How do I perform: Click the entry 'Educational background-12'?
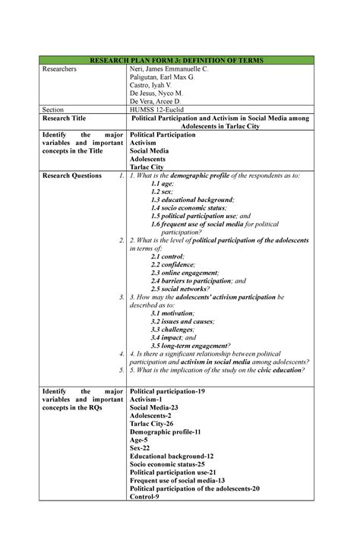click(x=172, y=456)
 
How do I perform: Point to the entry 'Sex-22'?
click(x=141, y=449)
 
